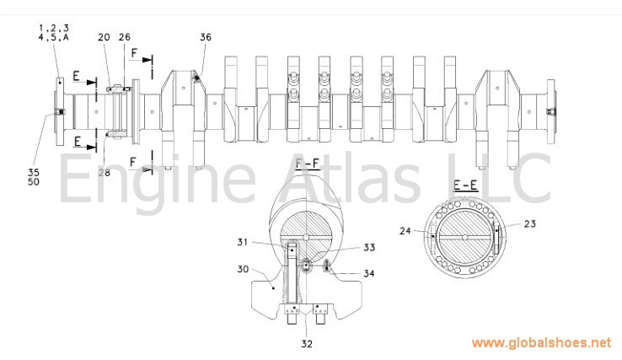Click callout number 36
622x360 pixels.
[x=206, y=37]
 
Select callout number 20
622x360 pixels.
[x=104, y=37]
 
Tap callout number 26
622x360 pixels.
[x=125, y=37]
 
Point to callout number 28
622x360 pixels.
[x=105, y=173]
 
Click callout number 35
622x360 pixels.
[x=34, y=172]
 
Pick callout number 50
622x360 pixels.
[x=34, y=182]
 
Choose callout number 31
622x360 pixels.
[x=243, y=242]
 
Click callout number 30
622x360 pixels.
[x=244, y=269]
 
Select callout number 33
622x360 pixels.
[x=369, y=248]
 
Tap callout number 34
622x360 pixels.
[x=369, y=273]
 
